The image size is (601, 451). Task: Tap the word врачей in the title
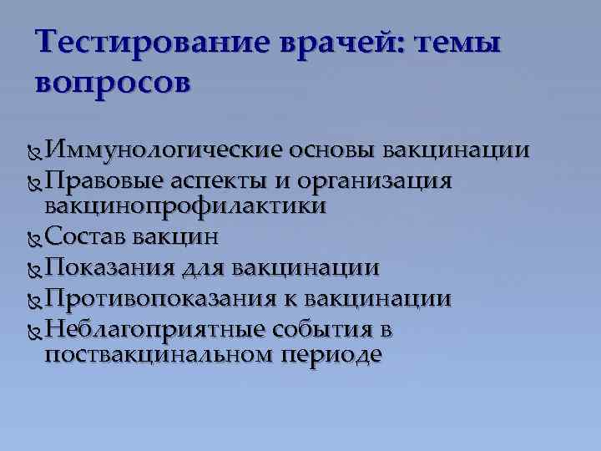coord(334,42)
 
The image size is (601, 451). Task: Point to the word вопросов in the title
coord(114,83)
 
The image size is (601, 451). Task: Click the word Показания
coord(109,267)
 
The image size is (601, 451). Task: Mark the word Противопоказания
coord(159,298)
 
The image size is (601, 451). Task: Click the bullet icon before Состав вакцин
coord(33,238)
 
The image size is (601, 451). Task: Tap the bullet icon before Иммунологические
coord(33,152)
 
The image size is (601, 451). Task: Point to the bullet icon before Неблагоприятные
coord(33,331)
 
